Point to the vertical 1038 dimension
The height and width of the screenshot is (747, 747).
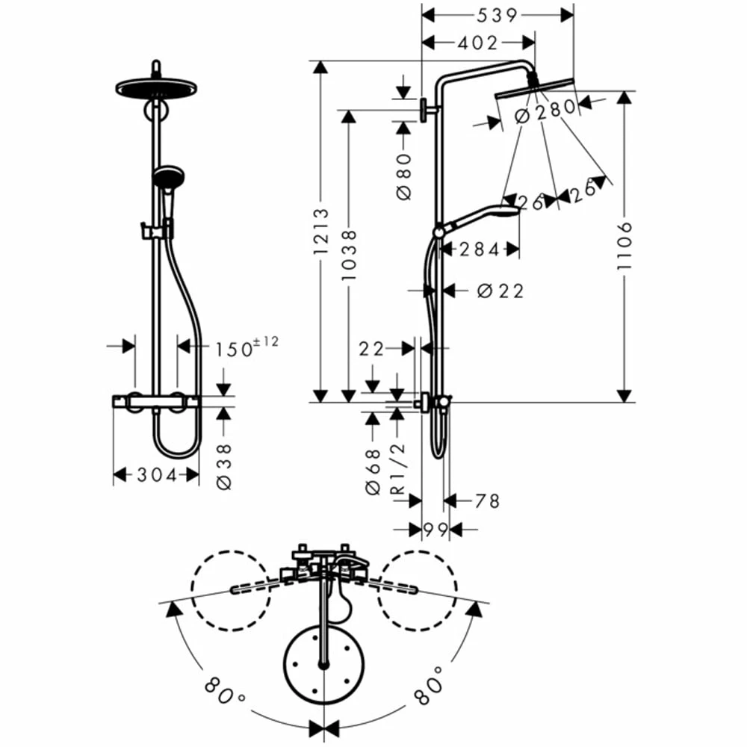pyautogui.click(x=349, y=255)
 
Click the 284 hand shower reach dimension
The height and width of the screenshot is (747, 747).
pyautogui.click(x=479, y=250)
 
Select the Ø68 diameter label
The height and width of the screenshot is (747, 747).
pyautogui.click(x=372, y=470)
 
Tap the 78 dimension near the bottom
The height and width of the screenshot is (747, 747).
pyautogui.click(x=486, y=501)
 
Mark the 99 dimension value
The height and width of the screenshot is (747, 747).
pyautogui.click(x=435, y=530)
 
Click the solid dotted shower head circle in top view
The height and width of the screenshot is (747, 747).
pyautogui.click(x=323, y=666)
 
